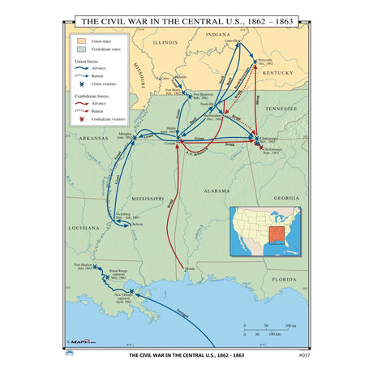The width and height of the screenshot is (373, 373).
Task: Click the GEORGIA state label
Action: tap(285, 198)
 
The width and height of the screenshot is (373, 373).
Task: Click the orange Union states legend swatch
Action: tap(80, 39)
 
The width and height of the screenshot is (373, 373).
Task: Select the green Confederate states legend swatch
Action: tap(80, 47)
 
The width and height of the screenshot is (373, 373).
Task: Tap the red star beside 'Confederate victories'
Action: tap(80, 119)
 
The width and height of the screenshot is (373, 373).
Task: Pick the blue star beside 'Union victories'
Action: tap(80, 84)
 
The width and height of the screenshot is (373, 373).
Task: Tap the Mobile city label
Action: tap(190, 268)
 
